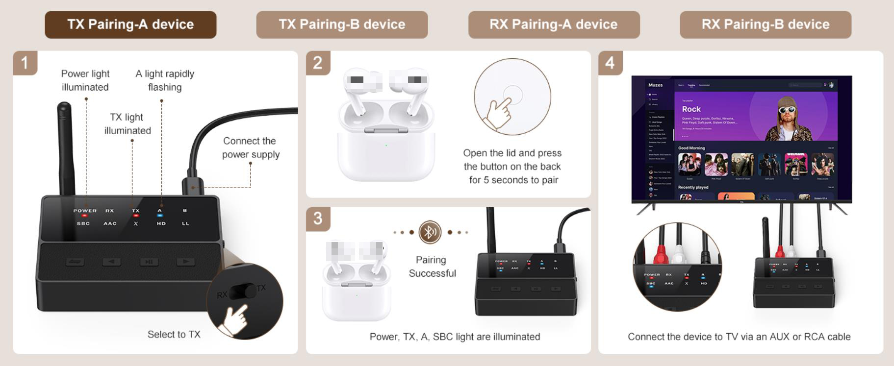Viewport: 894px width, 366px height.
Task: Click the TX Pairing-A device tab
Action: tap(130, 24)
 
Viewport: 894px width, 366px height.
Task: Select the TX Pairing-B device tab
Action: tap(342, 24)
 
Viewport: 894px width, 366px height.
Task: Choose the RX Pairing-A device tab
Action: tap(554, 24)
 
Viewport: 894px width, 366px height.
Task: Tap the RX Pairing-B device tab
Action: tap(765, 24)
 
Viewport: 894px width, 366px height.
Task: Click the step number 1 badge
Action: tap(25, 63)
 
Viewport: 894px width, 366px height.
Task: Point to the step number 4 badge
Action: tap(610, 63)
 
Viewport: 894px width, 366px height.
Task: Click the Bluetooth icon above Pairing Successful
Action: tap(430, 232)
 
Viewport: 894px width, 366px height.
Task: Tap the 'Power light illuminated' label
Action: tap(85, 80)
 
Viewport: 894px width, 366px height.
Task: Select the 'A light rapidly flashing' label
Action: tap(165, 80)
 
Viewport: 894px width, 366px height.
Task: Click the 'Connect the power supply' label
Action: tap(251, 147)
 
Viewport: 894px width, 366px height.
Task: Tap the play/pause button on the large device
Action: tap(149, 262)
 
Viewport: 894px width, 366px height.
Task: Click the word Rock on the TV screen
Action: tap(691, 109)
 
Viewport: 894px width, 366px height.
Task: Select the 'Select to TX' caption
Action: tap(174, 335)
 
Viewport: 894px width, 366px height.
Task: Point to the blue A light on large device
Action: tap(160, 216)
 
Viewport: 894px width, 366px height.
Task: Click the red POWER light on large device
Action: tap(84, 216)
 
